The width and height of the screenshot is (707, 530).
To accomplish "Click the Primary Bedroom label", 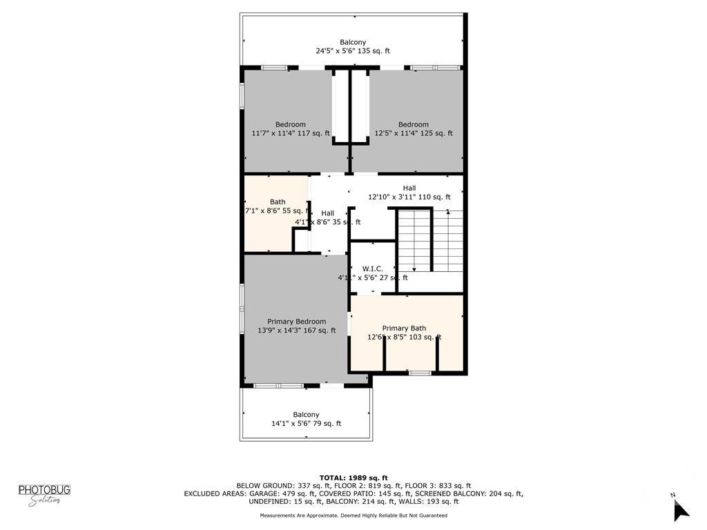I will coord(297,322).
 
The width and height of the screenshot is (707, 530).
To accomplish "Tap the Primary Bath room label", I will coord(404,328).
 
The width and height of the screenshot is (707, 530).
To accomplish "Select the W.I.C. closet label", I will coord(372,269).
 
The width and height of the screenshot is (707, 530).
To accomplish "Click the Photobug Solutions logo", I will coord(44,495).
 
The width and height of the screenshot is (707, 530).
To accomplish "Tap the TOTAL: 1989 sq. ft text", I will coord(353,478).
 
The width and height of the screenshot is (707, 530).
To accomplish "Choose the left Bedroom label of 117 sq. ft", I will coord(290,125).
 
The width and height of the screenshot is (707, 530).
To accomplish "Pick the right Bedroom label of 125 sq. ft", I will coord(413,125).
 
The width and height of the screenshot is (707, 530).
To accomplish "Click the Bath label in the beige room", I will coord(277,202).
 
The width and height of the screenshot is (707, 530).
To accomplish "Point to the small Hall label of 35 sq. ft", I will coord(327,213).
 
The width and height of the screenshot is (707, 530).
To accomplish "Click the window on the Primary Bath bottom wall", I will coord(419,373).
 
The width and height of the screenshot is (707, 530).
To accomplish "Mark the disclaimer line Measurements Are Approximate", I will coord(353,516).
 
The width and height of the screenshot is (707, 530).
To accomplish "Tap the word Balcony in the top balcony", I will coord(353,42).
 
